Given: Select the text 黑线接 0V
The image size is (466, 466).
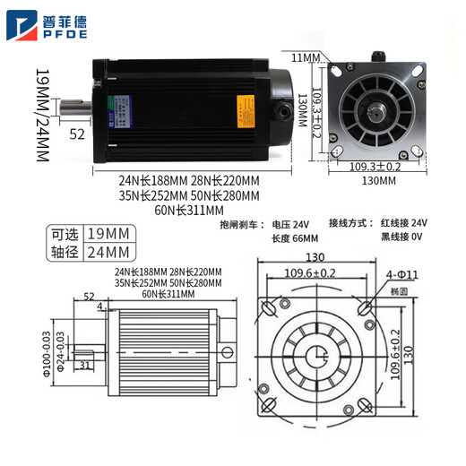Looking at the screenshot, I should (403, 239).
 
